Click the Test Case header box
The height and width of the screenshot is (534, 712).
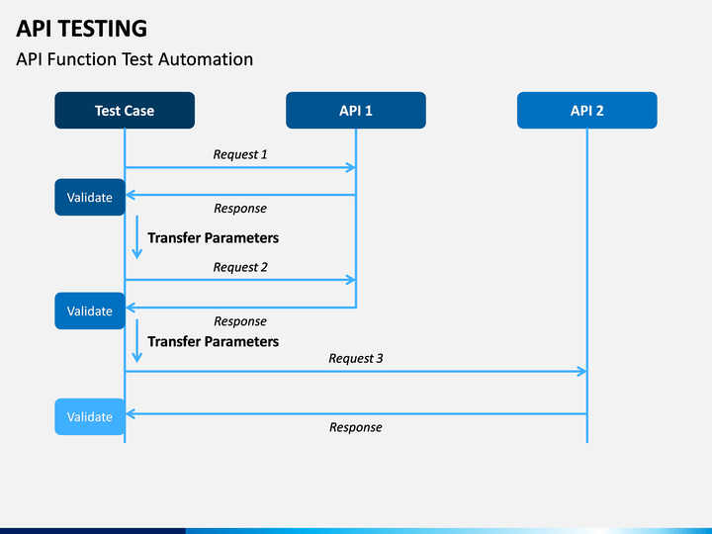pos(125,111)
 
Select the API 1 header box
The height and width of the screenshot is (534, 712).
pos(356,111)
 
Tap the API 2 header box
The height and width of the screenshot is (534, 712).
pos(586,111)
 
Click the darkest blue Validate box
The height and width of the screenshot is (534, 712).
pos(90,197)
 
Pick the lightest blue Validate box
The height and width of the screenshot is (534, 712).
pos(90,417)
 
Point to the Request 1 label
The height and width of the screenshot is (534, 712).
pos(240,155)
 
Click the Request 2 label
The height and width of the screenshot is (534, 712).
pos(240,267)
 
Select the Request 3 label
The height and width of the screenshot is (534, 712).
pos(356,359)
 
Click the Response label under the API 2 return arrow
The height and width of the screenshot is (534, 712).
pos(356,427)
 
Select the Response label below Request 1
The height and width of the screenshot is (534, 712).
pos(240,209)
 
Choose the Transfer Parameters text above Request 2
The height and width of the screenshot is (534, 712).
pos(213,238)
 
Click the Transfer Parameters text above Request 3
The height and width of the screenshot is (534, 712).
pos(213,341)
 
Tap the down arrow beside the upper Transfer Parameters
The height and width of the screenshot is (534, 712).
pos(137,237)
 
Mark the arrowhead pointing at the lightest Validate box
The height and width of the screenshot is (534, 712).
pos(131,413)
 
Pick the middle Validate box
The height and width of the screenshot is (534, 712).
pos(90,311)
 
